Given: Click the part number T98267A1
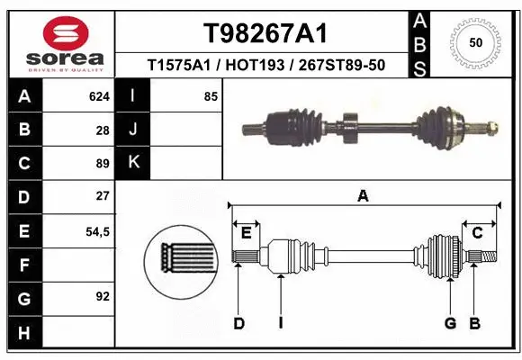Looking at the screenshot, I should coord(265,33).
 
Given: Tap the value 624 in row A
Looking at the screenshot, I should coord(98,96).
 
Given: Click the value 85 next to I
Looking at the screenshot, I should coord(211,96).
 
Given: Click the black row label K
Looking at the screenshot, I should coord(134,163).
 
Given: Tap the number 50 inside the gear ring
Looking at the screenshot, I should coord(474,42).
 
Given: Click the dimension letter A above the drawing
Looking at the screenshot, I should coord(363,196).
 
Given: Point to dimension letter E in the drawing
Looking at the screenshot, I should coord(246,233).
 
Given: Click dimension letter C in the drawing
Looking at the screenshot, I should coord(478,233).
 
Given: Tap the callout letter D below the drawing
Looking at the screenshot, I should coord(238,323).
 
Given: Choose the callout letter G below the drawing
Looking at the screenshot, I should coord(450,323).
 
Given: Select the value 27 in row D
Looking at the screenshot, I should coord(102,195).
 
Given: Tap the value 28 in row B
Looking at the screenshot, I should coord(102,130).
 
